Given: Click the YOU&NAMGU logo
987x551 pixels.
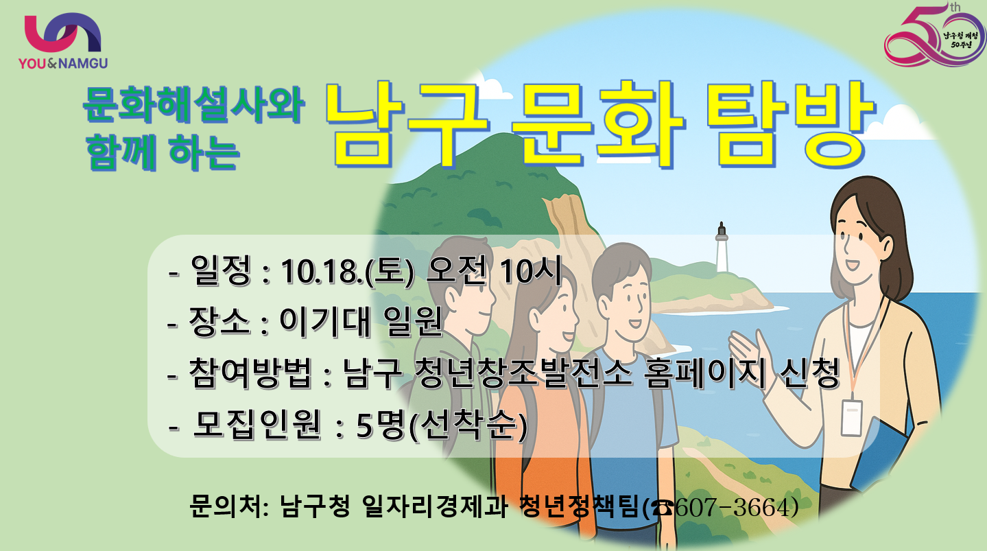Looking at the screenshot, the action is click(63, 41).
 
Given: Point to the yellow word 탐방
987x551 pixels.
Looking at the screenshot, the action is click(791, 124).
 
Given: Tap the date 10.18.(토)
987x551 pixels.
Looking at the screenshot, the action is click(348, 270).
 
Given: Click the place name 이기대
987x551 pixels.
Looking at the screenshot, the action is click(324, 321).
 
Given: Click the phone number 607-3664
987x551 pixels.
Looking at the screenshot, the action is click(736, 507).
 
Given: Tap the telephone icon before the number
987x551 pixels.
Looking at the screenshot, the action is click(663, 508).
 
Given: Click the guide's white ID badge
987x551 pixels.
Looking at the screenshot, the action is click(851, 417).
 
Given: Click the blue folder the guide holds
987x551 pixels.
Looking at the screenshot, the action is click(877, 454).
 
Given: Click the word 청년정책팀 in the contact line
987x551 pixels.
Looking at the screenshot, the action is click(579, 506).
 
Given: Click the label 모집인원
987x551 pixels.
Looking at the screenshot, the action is click(257, 425).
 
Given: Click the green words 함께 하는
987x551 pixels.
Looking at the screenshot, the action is click(163, 152).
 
